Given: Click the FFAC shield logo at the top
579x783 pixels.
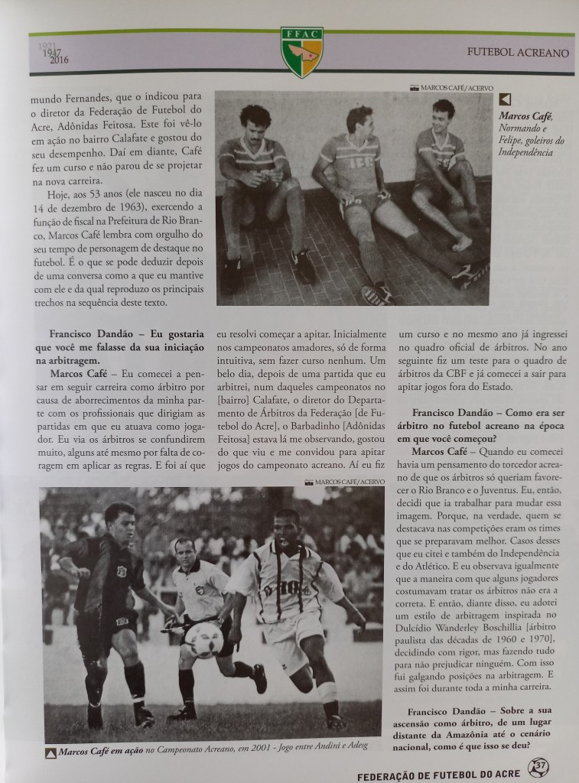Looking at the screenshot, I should point(301,51).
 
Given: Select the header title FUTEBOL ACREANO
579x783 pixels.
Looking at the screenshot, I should point(518,54).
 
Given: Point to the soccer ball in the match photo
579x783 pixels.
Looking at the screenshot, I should point(204,639).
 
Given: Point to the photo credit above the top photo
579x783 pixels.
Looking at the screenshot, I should point(450,87).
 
